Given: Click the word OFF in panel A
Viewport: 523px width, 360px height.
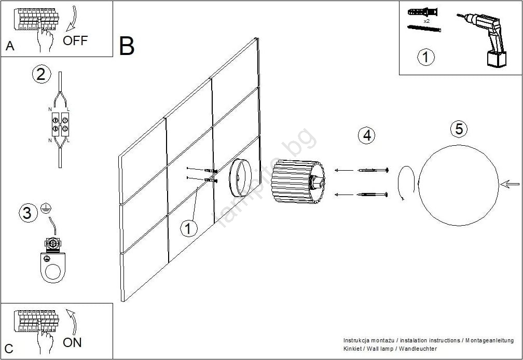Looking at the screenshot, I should click(x=75, y=40).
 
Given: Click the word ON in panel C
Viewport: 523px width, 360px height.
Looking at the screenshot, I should click(x=72, y=342).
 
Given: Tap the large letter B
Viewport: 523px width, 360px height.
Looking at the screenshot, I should click(x=127, y=46).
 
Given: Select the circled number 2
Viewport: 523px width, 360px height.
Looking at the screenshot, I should click(x=42, y=75).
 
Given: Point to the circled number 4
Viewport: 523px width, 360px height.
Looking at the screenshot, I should click(x=367, y=135).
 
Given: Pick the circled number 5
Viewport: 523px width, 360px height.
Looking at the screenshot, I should click(x=459, y=129).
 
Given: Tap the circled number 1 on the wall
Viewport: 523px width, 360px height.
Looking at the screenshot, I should click(x=189, y=228).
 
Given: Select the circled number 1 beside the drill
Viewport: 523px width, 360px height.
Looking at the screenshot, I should click(x=426, y=57).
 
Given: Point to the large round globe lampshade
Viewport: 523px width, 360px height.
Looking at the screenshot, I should click(x=457, y=185).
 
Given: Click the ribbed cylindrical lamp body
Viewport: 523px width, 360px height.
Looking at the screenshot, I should click(x=296, y=182).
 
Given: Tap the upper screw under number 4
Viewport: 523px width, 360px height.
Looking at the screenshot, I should click(x=373, y=170).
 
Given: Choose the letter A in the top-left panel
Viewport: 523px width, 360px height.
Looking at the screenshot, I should click(x=10, y=47).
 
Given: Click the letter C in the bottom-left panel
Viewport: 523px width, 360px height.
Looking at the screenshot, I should click(x=9, y=348).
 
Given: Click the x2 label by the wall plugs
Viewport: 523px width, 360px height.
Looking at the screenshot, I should click(x=426, y=21).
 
